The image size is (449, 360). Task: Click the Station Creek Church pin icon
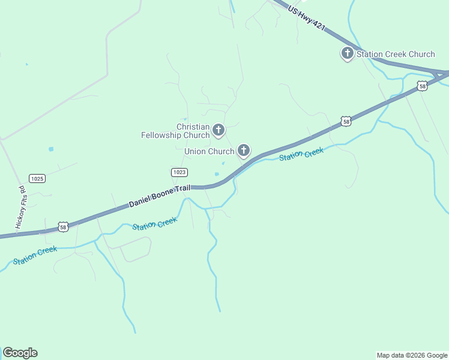pos(347,53)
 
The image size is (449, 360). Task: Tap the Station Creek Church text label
pos(396,54)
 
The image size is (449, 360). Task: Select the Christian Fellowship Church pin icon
pos(218,130)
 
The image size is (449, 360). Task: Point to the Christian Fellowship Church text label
pos(175,131)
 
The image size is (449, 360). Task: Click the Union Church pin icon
pos(244,150)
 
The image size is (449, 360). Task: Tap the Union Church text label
pos(209,151)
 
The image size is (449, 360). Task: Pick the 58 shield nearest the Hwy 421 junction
pos(423,86)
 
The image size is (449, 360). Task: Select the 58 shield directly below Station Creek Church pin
pos(346,121)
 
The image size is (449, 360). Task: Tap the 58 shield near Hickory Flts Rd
pos(63,227)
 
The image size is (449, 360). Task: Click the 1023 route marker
pos(179,172)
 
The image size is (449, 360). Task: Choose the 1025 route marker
pos(37,178)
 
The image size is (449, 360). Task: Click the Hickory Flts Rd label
pos(20,206)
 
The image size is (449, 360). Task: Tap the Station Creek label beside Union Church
pos(301,154)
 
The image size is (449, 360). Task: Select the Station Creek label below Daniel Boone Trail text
pos(155,224)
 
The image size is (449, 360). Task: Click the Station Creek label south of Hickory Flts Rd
pos(35,254)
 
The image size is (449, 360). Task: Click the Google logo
pos(20,353)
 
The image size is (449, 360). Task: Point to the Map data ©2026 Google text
pos(412,355)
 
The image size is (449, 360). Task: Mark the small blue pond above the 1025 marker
pos(51,149)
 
